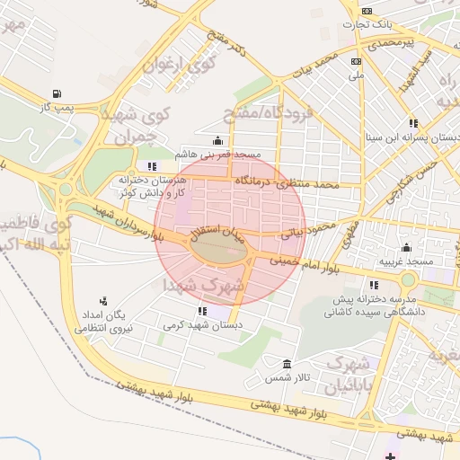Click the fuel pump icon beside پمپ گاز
[x=57, y=93]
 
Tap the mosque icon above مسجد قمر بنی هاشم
[x=217, y=140]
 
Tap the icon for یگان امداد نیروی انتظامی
[x=104, y=301]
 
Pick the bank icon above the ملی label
[x=356, y=61]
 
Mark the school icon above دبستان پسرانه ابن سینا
[x=412, y=123]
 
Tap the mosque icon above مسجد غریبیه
[x=406, y=247]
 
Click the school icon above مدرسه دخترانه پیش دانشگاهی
[x=374, y=285]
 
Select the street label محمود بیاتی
[x=296, y=230]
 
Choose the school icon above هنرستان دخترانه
[x=153, y=166]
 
